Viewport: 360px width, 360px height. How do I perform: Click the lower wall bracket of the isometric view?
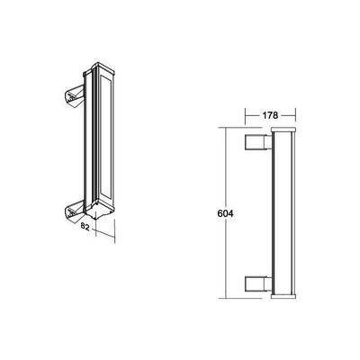click(x=72, y=212)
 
